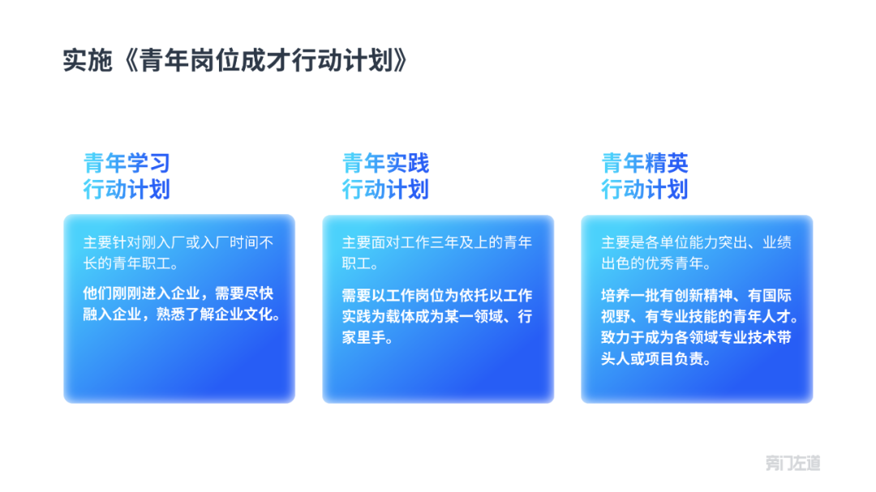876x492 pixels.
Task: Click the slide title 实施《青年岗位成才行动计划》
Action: (x=235, y=60)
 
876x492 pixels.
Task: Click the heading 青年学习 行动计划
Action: (x=127, y=176)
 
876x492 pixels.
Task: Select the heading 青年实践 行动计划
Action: (x=385, y=176)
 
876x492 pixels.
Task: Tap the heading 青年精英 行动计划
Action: (x=645, y=176)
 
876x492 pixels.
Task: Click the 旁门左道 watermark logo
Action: (x=792, y=462)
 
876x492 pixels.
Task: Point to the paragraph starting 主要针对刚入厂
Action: (x=178, y=252)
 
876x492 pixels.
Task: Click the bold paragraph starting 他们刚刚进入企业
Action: (x=182, y=304)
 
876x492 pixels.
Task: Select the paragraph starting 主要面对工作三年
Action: (x=437, y=252)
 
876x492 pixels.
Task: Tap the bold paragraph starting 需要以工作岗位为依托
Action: (x=437, y=316)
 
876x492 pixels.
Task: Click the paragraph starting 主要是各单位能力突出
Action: (x=696, y=252)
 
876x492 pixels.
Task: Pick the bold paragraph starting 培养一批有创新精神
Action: (x=699, y=327)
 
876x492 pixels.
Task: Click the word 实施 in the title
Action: (x=88, y=60)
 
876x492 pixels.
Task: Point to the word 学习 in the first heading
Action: (x=148, y=163)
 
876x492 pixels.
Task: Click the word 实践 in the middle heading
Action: (x=407, y=163)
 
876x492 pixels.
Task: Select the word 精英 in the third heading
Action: (x=667, y=163)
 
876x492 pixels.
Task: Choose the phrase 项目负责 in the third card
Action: (x=674, y=358)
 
